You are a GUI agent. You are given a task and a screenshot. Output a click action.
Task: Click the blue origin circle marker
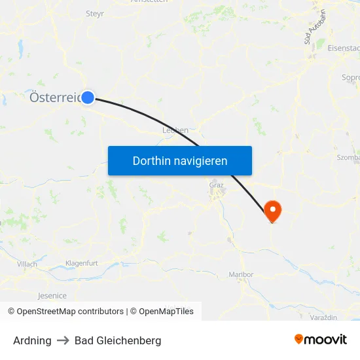pos(88,98)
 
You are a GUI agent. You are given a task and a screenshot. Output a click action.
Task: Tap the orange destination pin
pos(272,211)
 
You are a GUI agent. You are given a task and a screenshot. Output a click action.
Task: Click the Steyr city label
pos(95,13)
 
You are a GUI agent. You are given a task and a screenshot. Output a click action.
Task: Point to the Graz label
pos(216,185)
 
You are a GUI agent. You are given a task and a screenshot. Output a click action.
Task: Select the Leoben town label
pos(175,130)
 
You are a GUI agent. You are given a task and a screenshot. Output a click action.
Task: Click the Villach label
pos(27,264)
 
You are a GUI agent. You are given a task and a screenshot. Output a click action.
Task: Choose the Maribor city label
pos(241,274)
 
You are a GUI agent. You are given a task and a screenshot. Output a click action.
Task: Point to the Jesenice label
pos(52,295)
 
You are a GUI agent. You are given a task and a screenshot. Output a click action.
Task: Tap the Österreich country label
pos(56,98)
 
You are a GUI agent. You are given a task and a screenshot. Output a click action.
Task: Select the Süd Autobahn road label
pos(314,27)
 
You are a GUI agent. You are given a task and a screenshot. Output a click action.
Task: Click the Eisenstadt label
pos(344,48)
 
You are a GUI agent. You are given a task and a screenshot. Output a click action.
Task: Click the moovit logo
pos(321,339)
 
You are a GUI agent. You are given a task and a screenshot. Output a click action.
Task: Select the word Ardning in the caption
pos(32,340)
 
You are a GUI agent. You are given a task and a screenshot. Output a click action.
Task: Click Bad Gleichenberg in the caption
pos(118,340)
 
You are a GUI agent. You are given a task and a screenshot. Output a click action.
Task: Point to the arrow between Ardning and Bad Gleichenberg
pos(63,340)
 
